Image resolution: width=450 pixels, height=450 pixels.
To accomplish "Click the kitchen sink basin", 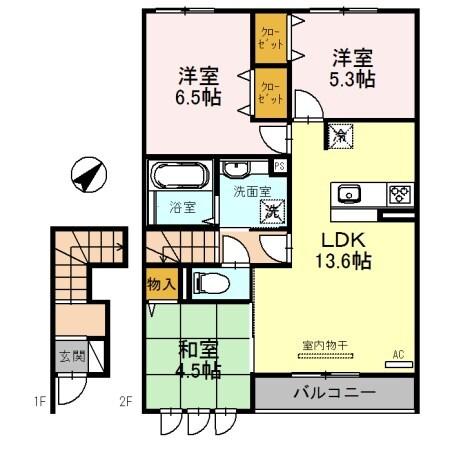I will tap(351, 193).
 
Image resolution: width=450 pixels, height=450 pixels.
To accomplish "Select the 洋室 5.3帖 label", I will tap(353, 67).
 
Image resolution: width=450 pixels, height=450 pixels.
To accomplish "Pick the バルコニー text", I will tap(333, 390).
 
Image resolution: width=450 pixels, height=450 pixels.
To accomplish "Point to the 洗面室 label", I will tap(251, 189).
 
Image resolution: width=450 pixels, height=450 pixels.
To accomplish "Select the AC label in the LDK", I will tap(397, 353).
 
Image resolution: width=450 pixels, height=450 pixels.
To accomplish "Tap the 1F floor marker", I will tap(39, 404).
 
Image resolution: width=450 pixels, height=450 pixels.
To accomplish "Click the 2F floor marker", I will tap(126, 404).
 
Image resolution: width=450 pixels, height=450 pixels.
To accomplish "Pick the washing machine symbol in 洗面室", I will tap(270, 210).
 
